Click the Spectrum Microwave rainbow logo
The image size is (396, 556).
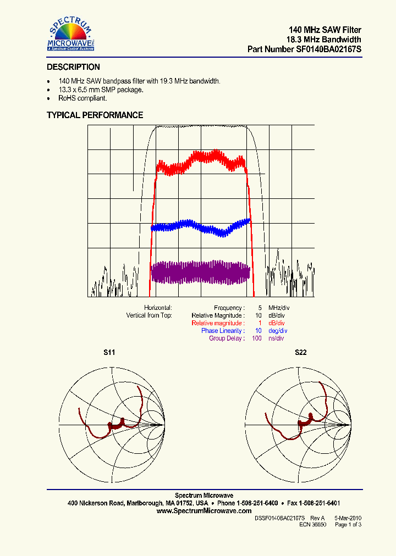[x=71, y=34]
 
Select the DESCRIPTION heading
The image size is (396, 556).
[x=73, y=67]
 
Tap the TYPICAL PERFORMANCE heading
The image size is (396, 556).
[x=95, y=115]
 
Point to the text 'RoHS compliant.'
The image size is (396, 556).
[x=82, y=98]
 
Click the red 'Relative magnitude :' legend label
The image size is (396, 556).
[x=218, y=323]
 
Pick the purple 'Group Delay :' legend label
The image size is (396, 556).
[x=227, y=338]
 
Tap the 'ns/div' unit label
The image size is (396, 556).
[x=276, y=338]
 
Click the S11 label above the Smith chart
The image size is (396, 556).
[x=109, y=352]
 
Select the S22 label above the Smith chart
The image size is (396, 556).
[x=300, y=352]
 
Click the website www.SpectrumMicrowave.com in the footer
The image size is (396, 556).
[x=204, y=510]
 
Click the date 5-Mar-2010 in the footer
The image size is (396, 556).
[x=348, y=518]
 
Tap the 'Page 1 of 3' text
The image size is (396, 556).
[x=348, y=525]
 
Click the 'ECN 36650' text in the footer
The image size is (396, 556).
[x=313, y=525]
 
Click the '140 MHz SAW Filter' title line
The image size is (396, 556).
[x=325, y=30]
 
